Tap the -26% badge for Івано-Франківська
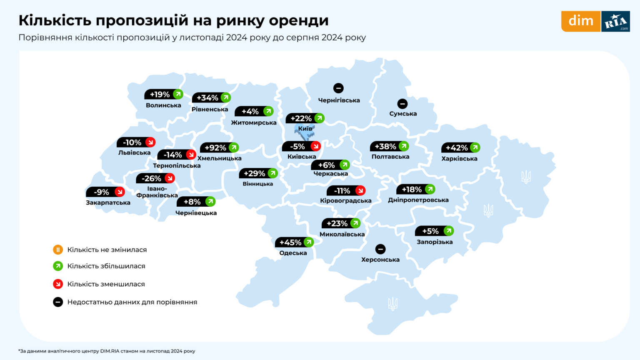point(155,178)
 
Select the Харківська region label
point(459,158)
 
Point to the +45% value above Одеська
point(290,242)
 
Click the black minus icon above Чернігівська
point(338,88)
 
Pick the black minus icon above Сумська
point(402,103)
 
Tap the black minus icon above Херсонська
point(380,249)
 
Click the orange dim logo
point(580,21)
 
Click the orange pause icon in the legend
point(57,250)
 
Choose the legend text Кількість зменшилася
point(106,284)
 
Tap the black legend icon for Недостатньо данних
point(57,302)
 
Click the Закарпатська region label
point(108,202)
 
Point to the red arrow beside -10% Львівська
point(150,142)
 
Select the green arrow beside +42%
point(475,147)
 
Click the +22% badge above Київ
point(305,118)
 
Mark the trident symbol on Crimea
point(392,304)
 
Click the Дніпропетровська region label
point(418,200)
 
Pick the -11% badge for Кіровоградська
point(345,191)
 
